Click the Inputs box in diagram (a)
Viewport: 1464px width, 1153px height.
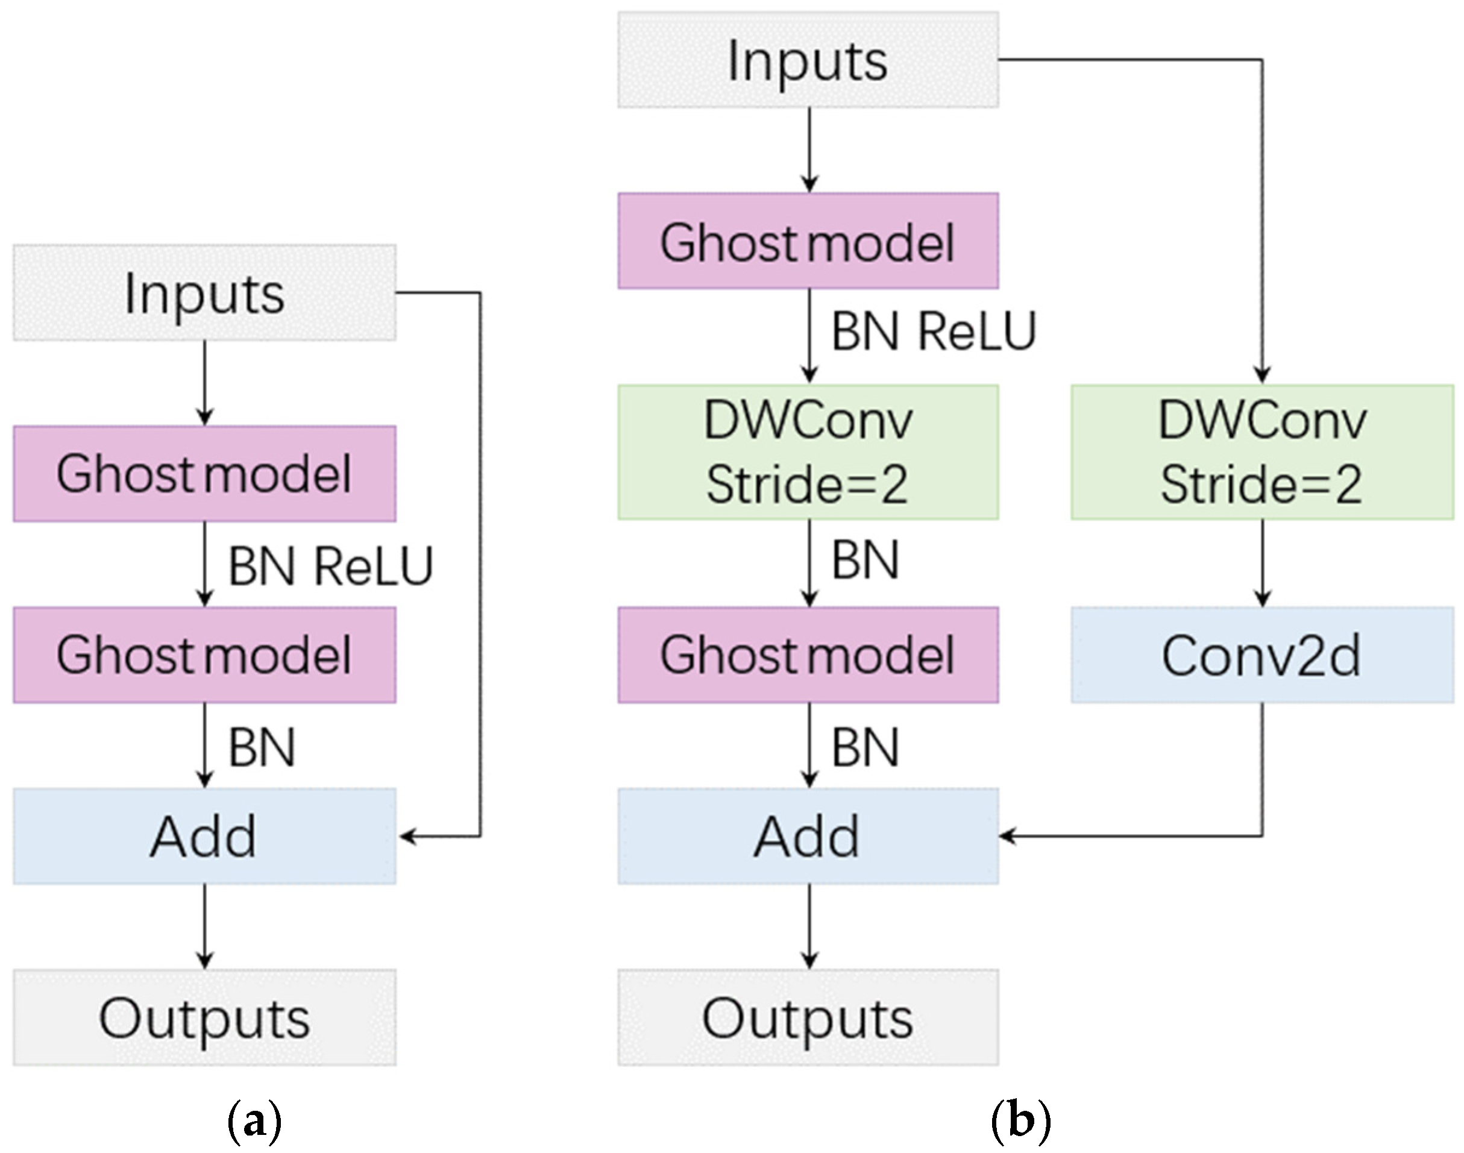click(x=204, y=293)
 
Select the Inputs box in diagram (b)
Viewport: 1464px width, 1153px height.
click(x=808, y=60)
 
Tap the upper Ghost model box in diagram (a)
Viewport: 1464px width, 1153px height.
click(x=204, y=474)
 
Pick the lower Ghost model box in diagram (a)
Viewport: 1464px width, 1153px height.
click(x=204, y=655)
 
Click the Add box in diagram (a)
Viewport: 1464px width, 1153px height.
click(x=204, y=837)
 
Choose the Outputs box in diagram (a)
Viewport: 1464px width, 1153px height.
click(x=204, y=1018)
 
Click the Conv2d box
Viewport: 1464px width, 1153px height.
click(x=1261, y=655)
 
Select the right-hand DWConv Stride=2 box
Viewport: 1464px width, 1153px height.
click(x=1261, y=451)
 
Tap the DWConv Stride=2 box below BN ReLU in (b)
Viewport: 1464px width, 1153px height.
click(x=808, y=451)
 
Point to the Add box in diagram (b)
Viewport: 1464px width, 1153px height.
click(x=808, y=837)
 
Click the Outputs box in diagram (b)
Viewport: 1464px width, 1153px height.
click(x=808, y=1018)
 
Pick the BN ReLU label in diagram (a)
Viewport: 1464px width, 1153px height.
click(x=330, y=566)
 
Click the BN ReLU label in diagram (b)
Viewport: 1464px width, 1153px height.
click(x=933, y=331)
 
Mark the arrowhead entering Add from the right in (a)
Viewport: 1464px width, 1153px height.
click(x=407, y=837)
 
